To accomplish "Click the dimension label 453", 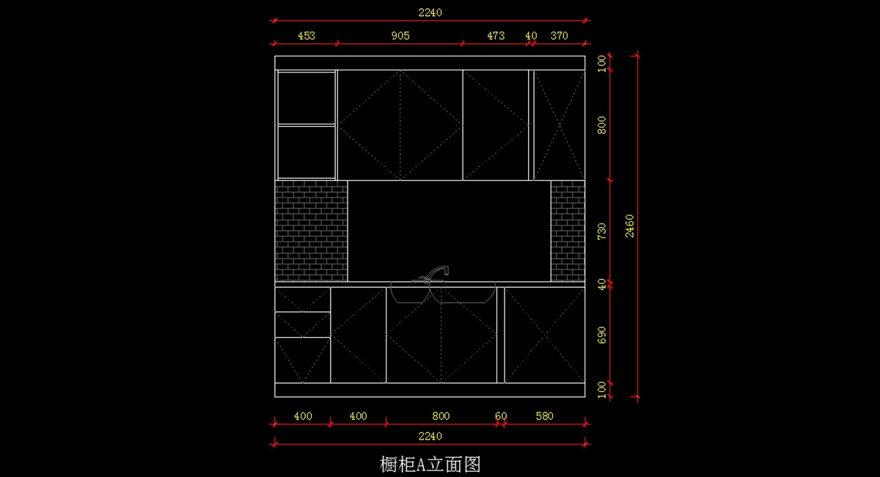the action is (x=307, y=35).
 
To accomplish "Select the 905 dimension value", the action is (x=400, y=35).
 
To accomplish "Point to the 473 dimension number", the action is (x=496, y=35).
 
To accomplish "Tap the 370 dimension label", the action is (x=560, y=35).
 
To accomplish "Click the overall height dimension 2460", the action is (x=630, y=226).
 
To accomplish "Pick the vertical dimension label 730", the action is (x=602, y=232).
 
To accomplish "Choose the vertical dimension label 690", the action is (x=602, y=335).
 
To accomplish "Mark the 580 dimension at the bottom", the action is (x=544, y=416).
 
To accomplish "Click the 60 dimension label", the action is (x=501, y=416).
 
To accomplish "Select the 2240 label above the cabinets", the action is (x=430, y=12).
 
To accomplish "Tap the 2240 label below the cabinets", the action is (x=430, y=436).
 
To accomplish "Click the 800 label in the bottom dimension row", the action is (x=441, y=416).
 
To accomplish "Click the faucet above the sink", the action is (x=436, y=273).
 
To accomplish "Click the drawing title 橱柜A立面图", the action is (x=430, y=464).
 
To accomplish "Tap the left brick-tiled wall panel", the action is (x=311, y=231).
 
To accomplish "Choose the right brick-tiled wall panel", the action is (x=568, y=231).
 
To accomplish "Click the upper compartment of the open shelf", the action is (x=307, y=97).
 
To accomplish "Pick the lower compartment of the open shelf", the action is (x=307, y=152).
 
